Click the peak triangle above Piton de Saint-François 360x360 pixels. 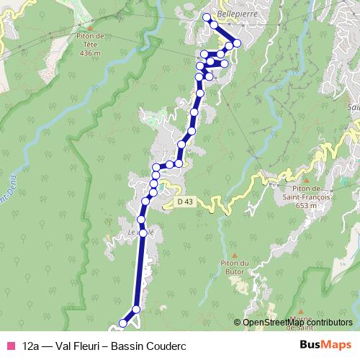[306, 181]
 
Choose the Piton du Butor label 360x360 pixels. [235, 266]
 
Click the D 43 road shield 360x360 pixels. [184, 202]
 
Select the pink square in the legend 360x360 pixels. [10, 346]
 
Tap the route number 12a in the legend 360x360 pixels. [31, 346]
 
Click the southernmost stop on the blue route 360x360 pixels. [122, 324]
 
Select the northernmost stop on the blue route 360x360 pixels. [206, 17]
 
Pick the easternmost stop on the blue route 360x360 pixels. [237, 42]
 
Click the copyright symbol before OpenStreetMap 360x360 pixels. [238, 323]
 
